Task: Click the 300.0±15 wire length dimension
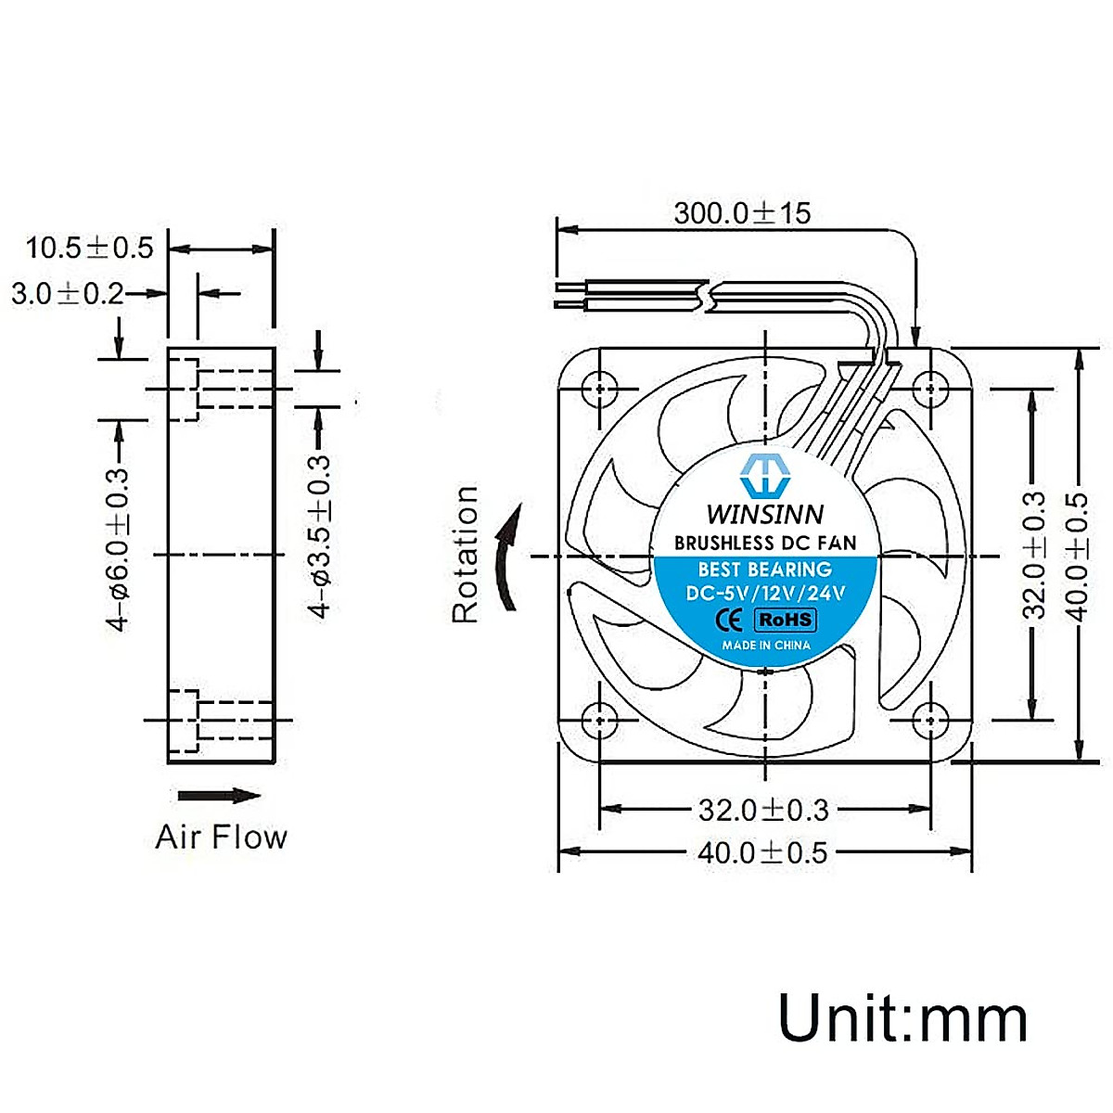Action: coord(742,212)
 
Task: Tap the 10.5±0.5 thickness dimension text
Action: coord(89,248)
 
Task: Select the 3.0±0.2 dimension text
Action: coord(68,294)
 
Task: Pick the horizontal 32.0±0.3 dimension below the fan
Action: coord(763,810)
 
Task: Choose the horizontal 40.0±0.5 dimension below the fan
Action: coord(762,852)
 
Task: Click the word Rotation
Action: coord(465,555)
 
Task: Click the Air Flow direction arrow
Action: coord(219,796)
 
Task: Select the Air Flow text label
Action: coord(221,837)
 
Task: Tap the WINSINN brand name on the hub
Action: coord(765,514)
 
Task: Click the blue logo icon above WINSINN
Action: coord(765,475)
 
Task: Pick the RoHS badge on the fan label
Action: coord(786,620)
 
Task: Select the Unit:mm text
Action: coord(902,1018)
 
